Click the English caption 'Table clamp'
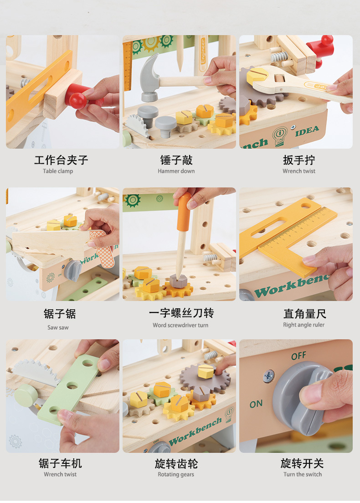tap(58, 171)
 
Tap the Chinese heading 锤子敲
tap(176, 160)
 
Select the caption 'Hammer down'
tap(176, 171)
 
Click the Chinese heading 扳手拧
tap(299, 160)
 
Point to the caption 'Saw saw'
tap(58, 327)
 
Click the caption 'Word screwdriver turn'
tap(180, 325)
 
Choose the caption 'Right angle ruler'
tap(304, 325)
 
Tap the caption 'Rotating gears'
tap(176, 474)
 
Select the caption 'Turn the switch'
tap(303, 474)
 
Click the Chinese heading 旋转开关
tap(302, 463)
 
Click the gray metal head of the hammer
tap(148, 78)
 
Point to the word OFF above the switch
tap(298, 356)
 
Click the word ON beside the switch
tap(256, 404)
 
